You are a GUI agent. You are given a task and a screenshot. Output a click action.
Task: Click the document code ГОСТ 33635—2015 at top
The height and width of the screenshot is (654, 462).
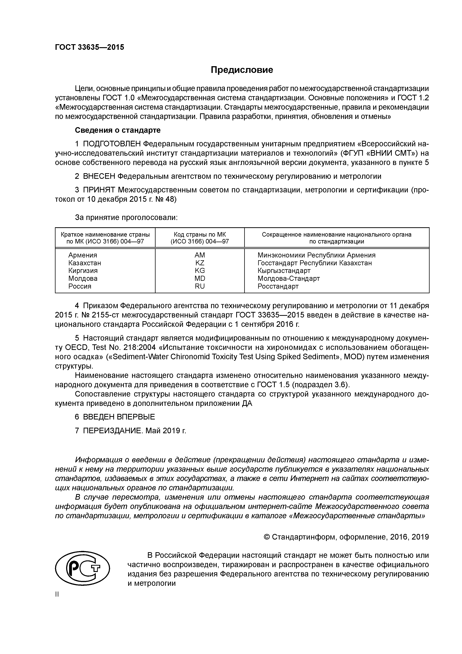[90, 47]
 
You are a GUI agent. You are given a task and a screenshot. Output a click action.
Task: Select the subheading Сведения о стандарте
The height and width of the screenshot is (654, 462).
[118, 130]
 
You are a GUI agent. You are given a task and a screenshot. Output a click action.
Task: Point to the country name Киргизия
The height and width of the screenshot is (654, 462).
[83, 271]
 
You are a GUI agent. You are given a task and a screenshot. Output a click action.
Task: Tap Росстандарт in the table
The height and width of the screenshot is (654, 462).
[278, 286]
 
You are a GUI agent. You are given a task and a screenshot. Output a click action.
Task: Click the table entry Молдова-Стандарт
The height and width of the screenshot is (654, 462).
[288, 279]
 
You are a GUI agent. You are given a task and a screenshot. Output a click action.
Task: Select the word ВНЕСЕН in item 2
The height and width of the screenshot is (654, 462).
[99, 176]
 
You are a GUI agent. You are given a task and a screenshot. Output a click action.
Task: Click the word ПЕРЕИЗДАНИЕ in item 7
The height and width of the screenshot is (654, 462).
[113, 431]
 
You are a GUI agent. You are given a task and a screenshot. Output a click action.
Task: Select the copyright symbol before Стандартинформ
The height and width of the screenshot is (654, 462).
[267, 537]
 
